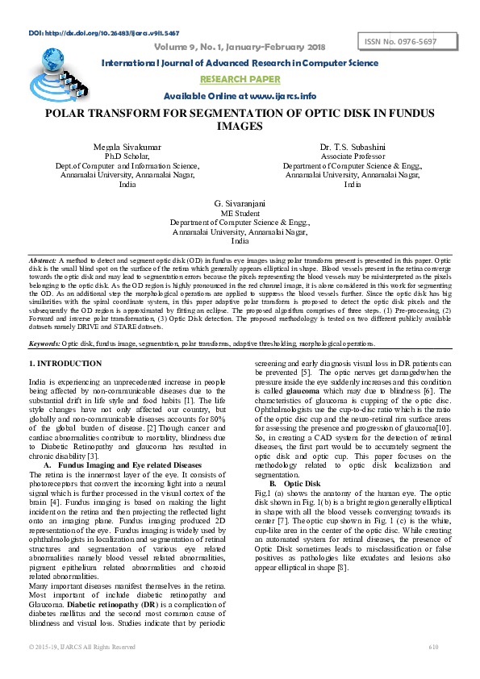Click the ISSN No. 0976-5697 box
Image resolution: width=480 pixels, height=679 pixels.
tap(402, 41)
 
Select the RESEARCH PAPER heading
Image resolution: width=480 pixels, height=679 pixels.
tap(240, 79)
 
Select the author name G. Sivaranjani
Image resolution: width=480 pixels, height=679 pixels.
tap(240, 204)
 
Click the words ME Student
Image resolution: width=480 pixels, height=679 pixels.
tap(240, 214)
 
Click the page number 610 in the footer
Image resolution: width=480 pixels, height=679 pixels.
tap(433, 647)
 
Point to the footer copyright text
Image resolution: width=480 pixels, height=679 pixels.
tap(82, 647)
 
